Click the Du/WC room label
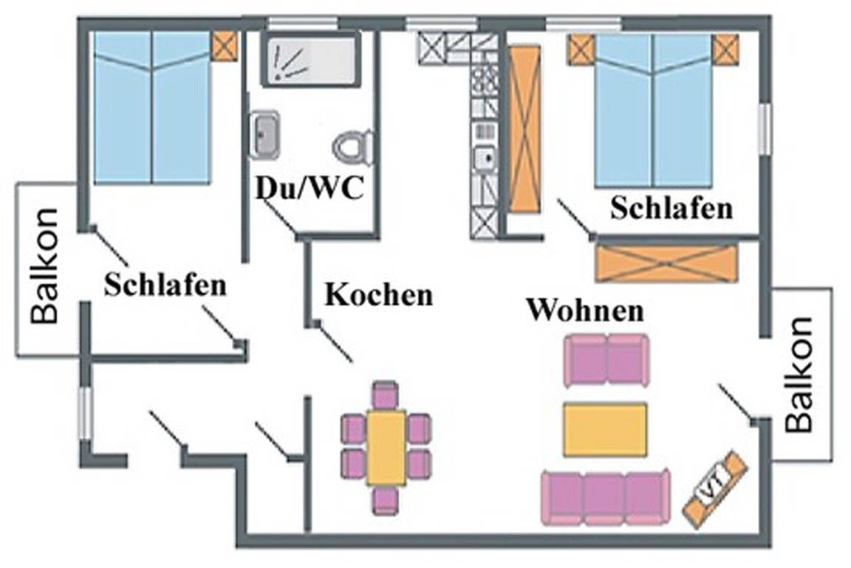[310, 188]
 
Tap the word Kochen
[379, 295]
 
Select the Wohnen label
[586, 311]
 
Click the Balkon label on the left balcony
[44, 266]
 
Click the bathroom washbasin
[264, 135]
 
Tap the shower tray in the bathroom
[310, 58]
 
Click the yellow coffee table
[605, 430]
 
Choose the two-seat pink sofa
[606, 360]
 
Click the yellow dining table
[386, 447]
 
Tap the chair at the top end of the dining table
[386, 395]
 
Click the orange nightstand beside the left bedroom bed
[225, 46]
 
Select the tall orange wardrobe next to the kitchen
[524, 129]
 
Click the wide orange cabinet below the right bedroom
[667, 263]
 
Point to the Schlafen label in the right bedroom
[672, 208]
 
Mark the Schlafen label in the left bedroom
[165, 284]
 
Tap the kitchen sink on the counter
[484, 159]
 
